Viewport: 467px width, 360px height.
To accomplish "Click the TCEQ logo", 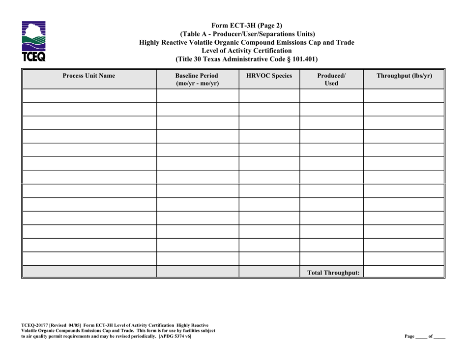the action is tap(34, 41).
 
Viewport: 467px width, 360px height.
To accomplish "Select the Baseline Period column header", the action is tap(197, 80).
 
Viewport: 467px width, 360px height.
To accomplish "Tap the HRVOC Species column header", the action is tap(269, 76).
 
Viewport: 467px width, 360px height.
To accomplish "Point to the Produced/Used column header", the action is tap(331, 80).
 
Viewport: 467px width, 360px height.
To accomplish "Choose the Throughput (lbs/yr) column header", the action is tap(404, 76).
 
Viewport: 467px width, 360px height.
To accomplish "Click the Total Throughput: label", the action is tap(331, 272).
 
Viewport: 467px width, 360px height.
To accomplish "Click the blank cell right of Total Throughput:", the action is tap(404, 272).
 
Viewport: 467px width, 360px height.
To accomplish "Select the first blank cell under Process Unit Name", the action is tap(89, 96).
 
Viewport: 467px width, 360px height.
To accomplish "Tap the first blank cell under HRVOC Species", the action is tap(269, 96).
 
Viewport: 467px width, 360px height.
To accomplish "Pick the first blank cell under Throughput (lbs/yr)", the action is tap(404, 96).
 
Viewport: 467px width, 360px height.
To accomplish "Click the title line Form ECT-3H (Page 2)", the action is tap(247, 26).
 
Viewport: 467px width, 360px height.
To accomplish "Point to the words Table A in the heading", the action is tap(202, 34).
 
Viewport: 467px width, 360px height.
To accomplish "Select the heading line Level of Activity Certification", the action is tap(247, 51).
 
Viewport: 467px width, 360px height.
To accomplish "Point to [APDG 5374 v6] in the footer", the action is tap(174, 336).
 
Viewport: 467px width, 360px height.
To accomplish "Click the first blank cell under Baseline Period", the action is tap(197, 96).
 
